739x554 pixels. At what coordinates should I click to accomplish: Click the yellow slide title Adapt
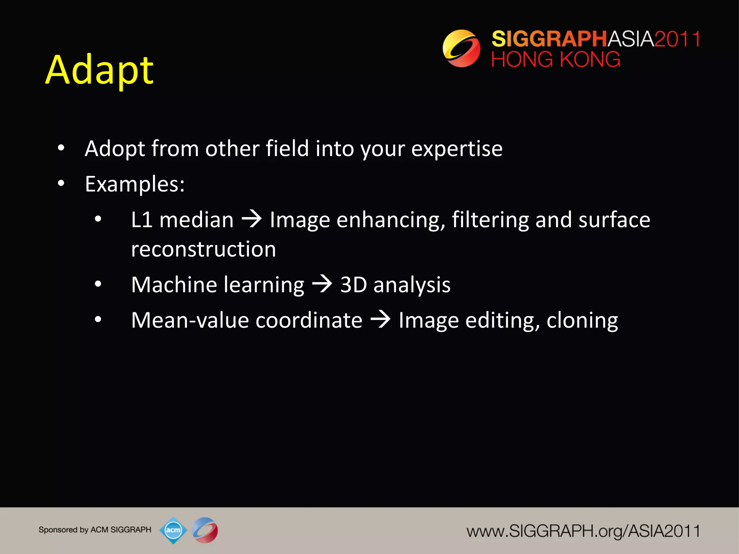click(x=100, y=70)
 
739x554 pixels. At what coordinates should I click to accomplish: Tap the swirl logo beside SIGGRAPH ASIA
click(x=461, y=48)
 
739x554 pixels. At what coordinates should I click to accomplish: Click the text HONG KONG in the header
click(x=556, y=60)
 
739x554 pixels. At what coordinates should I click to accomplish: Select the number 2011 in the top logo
click(x=677, y=39)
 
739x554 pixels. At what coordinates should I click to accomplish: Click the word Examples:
click(x=135, y=184)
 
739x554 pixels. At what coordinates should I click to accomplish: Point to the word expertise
click(x=457, y=149)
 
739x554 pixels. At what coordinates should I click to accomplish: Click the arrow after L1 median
click(x=252, y=219)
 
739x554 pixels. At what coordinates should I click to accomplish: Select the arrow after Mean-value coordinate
click(x=380, y=320)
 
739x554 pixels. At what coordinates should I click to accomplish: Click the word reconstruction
click(x=204, y=249)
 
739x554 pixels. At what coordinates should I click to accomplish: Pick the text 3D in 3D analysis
click(x=354, y=285)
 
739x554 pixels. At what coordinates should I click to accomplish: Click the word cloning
click(x=582, y=320)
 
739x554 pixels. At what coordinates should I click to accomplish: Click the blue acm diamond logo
click(x=173, y=530)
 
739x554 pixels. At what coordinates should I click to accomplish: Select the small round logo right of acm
click(x=205, y=530)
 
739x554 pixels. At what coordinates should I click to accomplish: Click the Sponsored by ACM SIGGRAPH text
click(x=95, y=530)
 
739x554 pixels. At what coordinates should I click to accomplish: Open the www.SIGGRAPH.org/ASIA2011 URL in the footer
click(x=583, y=531)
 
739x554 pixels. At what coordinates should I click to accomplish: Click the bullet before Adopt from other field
click(x=61, y=148)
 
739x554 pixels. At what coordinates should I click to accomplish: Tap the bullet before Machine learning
click(x=98, y=284)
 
